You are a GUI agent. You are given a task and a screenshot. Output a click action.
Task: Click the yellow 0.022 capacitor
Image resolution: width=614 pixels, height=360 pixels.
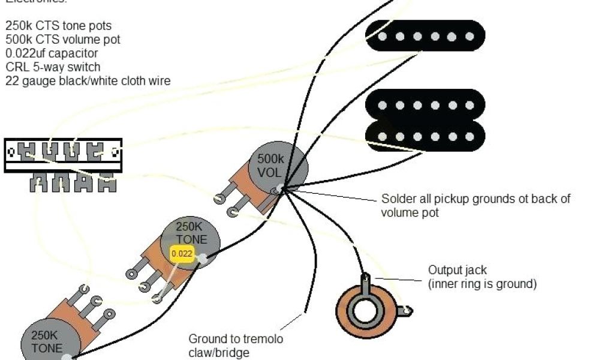(182, 253)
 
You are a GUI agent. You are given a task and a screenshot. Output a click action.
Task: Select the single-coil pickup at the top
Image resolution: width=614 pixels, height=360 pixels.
(425, 36)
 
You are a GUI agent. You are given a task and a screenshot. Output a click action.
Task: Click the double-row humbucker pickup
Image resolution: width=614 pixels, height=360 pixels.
(425, 121)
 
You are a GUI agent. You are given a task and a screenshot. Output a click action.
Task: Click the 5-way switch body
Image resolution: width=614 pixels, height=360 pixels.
(64, 155)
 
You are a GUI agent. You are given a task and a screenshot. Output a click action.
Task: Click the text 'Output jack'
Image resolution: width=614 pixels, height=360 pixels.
(458, 270)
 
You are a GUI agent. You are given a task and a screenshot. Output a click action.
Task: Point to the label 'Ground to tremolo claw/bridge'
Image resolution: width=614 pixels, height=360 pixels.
(236, 346)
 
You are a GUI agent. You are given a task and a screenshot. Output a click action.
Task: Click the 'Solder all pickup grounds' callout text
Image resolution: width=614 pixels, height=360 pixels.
(475, 205)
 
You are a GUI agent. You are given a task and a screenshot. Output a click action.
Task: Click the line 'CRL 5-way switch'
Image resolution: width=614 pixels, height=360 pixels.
(53, 67)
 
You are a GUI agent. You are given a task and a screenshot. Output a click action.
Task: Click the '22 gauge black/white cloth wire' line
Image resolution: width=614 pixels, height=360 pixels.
(88, 80)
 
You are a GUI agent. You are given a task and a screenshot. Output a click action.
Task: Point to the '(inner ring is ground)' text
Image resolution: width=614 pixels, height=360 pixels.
(482, 284)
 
